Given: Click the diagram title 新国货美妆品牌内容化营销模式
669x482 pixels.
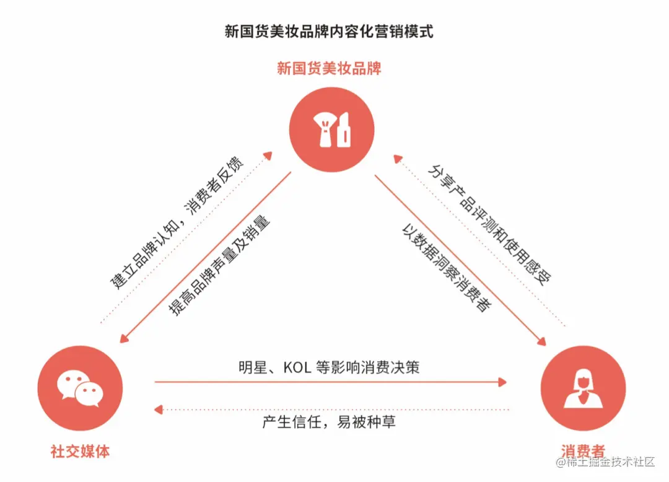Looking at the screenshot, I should [x=329, y=32].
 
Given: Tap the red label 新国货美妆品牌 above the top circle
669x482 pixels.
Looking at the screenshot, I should [x=329, y=68].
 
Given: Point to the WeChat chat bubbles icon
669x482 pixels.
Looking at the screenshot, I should [x=79, y=388].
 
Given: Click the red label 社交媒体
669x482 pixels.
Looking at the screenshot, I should [x=80, y=451].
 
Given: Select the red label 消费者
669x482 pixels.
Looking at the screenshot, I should [x=583, y=451].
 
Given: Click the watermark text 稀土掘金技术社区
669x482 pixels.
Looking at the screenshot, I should [x=610, y=462].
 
